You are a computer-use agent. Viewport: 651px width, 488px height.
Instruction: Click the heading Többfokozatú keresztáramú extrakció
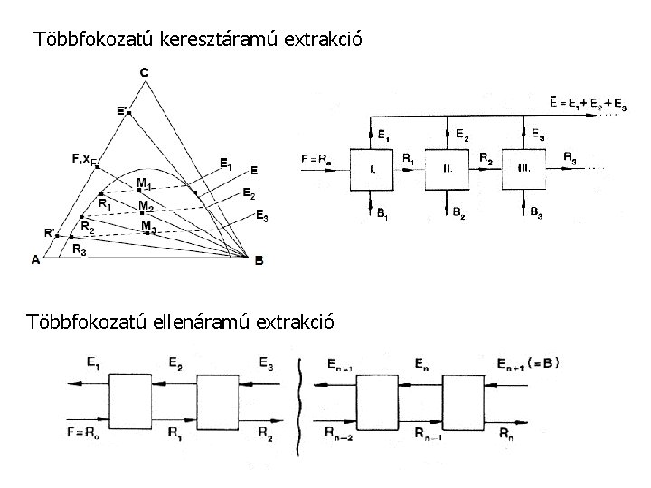point(197,40)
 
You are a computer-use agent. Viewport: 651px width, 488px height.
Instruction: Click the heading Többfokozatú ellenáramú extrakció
point(182,321)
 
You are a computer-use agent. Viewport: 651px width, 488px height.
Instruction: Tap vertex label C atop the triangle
point(145,71)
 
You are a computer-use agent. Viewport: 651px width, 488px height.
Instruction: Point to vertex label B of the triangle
point(259,260)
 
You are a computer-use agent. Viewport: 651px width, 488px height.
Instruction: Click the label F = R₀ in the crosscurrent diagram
point(316,160)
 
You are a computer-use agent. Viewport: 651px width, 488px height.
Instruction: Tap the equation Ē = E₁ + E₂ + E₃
point(587,103)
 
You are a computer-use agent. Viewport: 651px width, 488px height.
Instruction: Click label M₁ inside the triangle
point(144,183)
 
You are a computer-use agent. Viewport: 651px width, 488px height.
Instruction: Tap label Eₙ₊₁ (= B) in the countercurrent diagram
point(528,363)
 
